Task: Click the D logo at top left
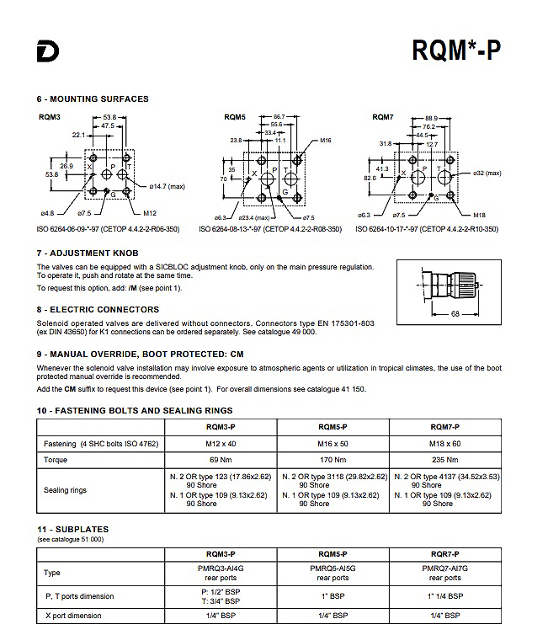pos(48,51)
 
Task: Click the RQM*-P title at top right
pos(456,51)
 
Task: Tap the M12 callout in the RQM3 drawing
pos(150,213)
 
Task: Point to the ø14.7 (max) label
pos(168,186)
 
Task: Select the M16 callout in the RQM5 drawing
pos(326,140)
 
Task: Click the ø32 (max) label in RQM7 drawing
pos(487,173)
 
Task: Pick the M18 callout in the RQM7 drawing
pos(479,215)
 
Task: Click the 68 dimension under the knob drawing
pos(455,313)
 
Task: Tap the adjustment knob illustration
pos(449,285)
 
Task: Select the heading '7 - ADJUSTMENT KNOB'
pos(88,253)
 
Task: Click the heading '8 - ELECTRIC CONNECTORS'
pos(98,309)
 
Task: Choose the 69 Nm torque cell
pos(221,460)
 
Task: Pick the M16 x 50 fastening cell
pos(333,444)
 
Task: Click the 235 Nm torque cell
pos(444,460)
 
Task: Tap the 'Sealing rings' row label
pos(65,490)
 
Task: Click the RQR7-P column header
pos(444,554)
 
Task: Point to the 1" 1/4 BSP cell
pos(444,595)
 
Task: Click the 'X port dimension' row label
pos(73,616)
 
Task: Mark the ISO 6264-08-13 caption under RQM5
pos(270,229)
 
